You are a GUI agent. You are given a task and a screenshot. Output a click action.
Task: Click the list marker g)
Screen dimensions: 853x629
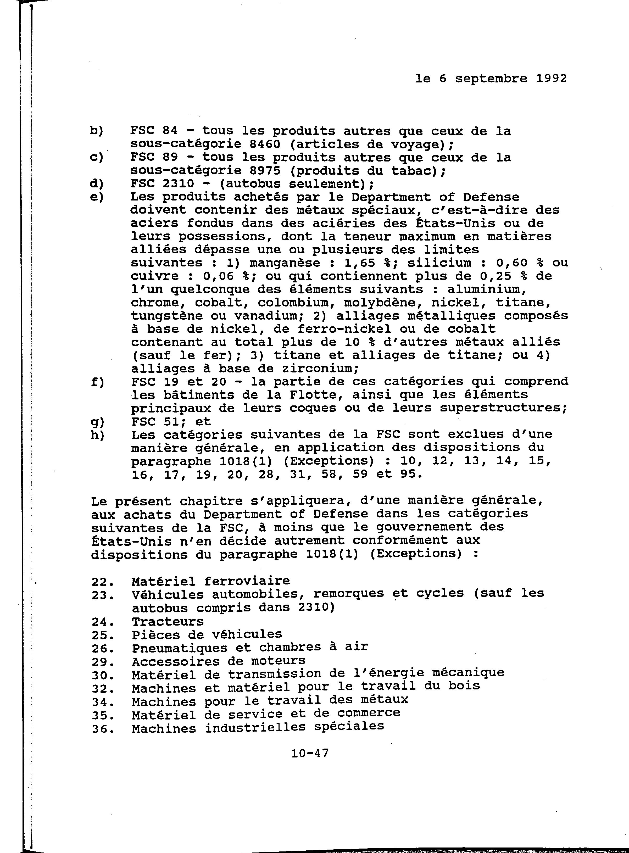pyautogui.click(x=97, y=422)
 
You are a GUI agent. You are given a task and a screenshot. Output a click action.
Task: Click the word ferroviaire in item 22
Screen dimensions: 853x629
pyautogui.click(x=247, y=581)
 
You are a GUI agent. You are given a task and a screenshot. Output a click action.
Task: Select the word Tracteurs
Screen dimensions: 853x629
pyautogui.click(x=168, y=621)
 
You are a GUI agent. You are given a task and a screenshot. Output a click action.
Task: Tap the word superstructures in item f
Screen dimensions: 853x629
pyautogui.click(x=503, y=408)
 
